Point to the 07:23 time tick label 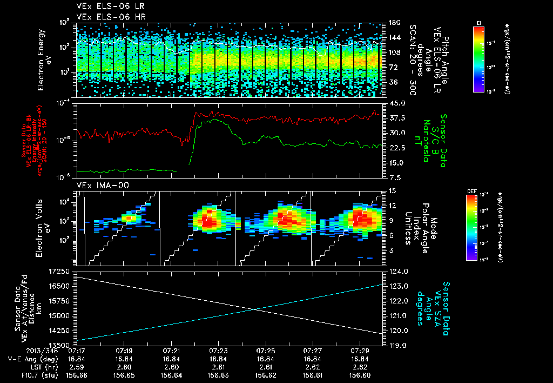point(218,351)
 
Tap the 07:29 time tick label point(360,351)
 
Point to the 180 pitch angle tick point(393,23)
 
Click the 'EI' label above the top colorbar point(478,22)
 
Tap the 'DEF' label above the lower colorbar point(470,190)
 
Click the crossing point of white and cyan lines point(254,309)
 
